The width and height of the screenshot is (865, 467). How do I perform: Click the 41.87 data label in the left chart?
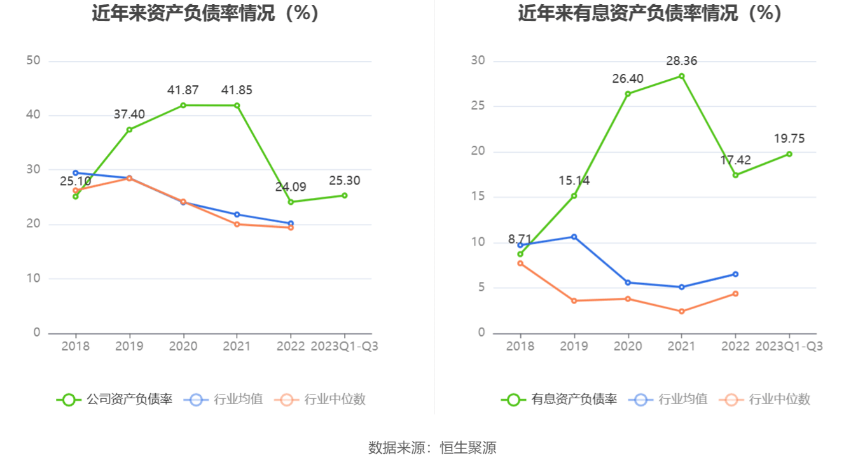pyautogui.click(x=183, y=90)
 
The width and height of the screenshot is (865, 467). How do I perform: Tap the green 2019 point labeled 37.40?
pyautogui.click(x=129, y=130)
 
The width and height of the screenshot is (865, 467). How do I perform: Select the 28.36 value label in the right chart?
pyautogui.click(x=681, y=61)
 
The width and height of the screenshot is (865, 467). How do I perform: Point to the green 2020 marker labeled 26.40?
pyautogui.click(x=628, y=94)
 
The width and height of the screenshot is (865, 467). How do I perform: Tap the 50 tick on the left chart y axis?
pyautogui.click(x=33, y=60)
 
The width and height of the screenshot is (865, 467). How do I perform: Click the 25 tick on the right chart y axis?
pyautogui.click(x=478, y=106)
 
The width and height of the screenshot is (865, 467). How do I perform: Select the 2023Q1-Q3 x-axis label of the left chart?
pyautogui.click(x=344, y=346)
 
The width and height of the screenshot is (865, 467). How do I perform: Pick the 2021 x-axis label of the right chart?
pyautogui.click(x=681, y=346)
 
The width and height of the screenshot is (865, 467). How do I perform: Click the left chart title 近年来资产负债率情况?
pyautogui.click(x=205, y=13)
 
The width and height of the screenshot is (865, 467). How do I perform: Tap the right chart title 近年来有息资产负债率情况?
pyautogui.click(x=649, y=13)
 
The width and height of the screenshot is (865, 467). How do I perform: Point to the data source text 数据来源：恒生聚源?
pyautogui.click(x=432, y=448)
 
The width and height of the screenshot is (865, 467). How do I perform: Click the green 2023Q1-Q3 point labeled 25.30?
pyautogui.click(x=344, y=195)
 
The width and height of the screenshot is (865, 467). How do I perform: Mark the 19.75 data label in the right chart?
pyautogui.click(x=789, y=139)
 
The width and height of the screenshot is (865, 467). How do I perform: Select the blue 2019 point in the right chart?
pyautogui.click(x=574, y=237)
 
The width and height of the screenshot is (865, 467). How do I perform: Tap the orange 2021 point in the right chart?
pyautogui.click(x=681, y=311)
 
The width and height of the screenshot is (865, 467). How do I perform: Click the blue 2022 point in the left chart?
pyautogui.click(x=291, y=223)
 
